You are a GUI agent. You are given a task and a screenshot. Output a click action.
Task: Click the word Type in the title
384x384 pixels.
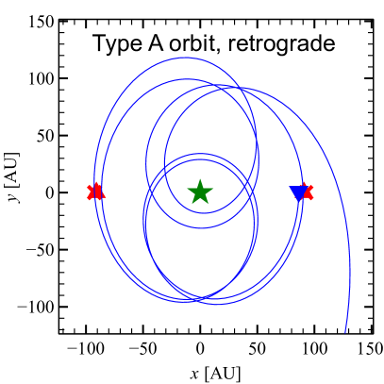(x=114, y=45)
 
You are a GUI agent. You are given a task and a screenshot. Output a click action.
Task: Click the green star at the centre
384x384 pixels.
(x=200, y=192)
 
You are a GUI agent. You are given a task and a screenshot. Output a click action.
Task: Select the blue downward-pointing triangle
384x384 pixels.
(x=299, y=193)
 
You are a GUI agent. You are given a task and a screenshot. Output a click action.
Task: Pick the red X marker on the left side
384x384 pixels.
(x=94, y=192)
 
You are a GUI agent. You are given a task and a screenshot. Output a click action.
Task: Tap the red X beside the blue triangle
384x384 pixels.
(x=306, y=192)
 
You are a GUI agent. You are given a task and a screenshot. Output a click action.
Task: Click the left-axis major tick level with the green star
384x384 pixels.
(x=64, y=192)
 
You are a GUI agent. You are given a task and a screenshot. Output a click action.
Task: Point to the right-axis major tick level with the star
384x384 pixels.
(x=367, y=192)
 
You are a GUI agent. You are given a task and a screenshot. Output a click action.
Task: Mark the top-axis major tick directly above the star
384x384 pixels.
(x=200, y=25)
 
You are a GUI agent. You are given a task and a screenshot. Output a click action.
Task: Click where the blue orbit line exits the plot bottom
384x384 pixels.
(x=346, y=331)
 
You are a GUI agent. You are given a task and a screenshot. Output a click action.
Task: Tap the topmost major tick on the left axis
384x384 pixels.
(x=64, y=78)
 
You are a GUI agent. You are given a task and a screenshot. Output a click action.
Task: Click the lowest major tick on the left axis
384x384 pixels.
(x=64, y=307)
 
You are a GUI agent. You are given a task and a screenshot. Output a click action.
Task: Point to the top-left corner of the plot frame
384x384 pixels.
(x=60, y=22)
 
